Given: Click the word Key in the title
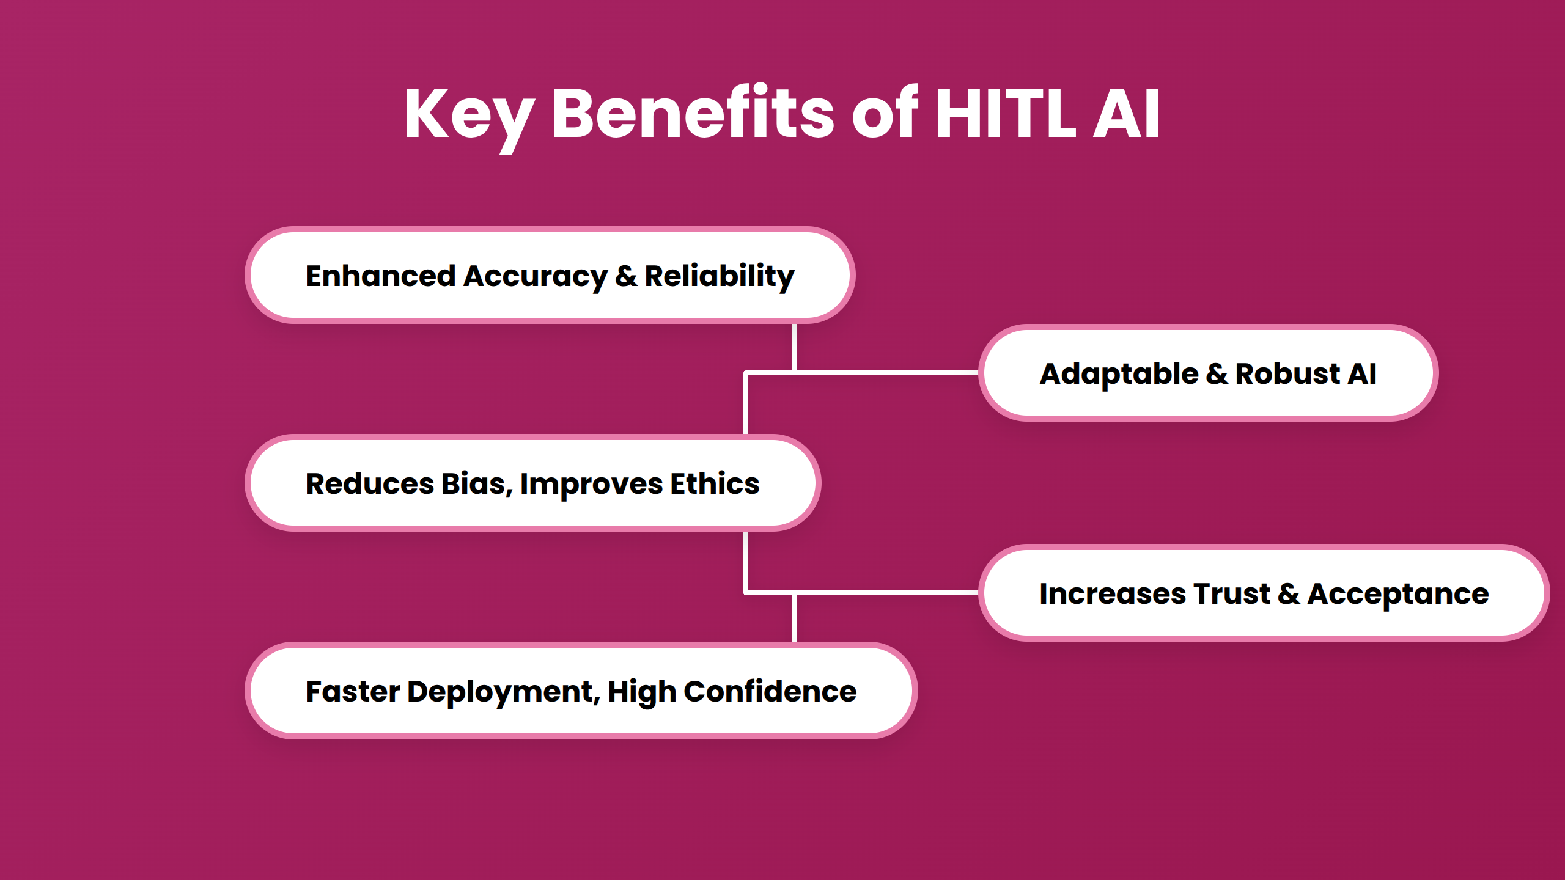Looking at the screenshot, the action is (468, 115).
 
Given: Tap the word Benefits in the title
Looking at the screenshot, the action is (693, 114).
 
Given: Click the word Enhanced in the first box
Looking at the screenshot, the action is (380, 276).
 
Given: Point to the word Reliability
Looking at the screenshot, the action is (719, 276).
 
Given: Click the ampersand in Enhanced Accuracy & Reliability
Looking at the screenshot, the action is (626, 276).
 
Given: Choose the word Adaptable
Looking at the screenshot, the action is (1119, 374).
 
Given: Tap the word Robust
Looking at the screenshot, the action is (1287, 373).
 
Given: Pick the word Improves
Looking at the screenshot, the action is (591, 485).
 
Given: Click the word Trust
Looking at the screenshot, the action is (1231, 593).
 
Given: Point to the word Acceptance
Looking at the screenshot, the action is (1397, 595).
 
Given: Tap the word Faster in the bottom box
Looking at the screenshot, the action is (353, 691).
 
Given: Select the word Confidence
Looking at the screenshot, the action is (770, 691).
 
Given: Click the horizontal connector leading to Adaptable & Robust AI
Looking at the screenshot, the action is (886, 372).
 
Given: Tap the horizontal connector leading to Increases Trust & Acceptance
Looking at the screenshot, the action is (886, 592).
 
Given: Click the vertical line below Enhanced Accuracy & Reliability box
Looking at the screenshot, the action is (794, 347).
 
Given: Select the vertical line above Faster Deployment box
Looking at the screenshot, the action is (794, 618).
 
